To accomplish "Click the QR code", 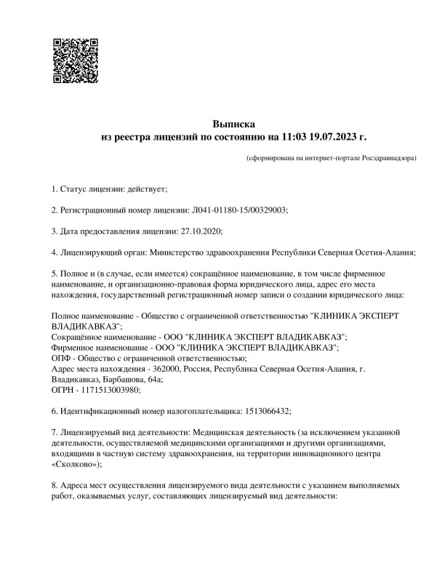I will [76, 60].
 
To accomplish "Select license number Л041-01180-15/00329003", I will [239, 210].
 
